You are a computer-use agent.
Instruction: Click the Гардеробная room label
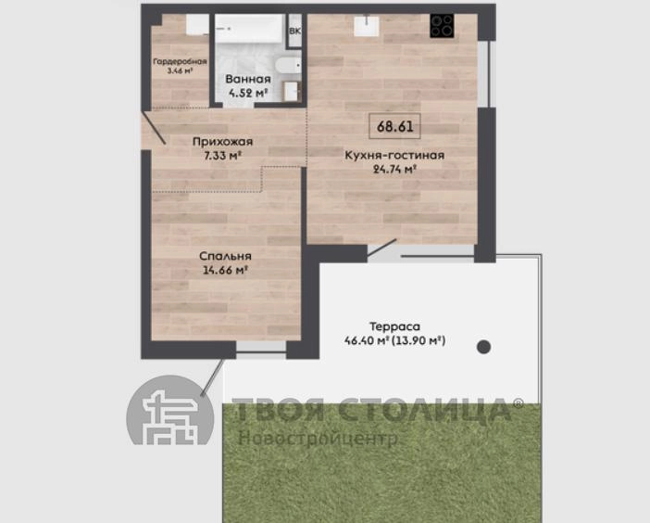[x=180, y=61]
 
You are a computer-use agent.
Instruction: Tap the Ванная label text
[x=248, y=79]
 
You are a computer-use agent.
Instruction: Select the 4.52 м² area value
[x=248, y=93]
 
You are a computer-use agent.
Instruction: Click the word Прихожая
[x=222, y=142]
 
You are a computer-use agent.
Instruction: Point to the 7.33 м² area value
[x=223, y=156]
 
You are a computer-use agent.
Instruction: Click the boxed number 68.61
[x=394, y=126]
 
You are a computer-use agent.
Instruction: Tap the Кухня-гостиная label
[x=394, y=155]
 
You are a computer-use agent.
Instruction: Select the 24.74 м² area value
[x=394, y=169]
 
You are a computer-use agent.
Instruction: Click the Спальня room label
[x=225, y=256]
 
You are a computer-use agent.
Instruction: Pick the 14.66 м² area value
[x=225, y=270]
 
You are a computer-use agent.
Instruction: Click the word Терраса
[x=394, y=326]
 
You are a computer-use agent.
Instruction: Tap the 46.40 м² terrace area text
[x=367, y=340]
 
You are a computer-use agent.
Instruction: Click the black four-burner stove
[x=442, y=26]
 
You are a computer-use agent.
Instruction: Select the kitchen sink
[x=367, y=26]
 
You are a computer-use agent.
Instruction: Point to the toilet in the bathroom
[x=288, y=66]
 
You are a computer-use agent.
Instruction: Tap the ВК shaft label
[x=295, y=32]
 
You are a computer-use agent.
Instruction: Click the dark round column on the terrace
[x=483, y=347]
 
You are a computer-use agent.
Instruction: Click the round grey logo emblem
[x=170, y=410]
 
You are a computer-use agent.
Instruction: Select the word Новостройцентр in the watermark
[x=318, y=439]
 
